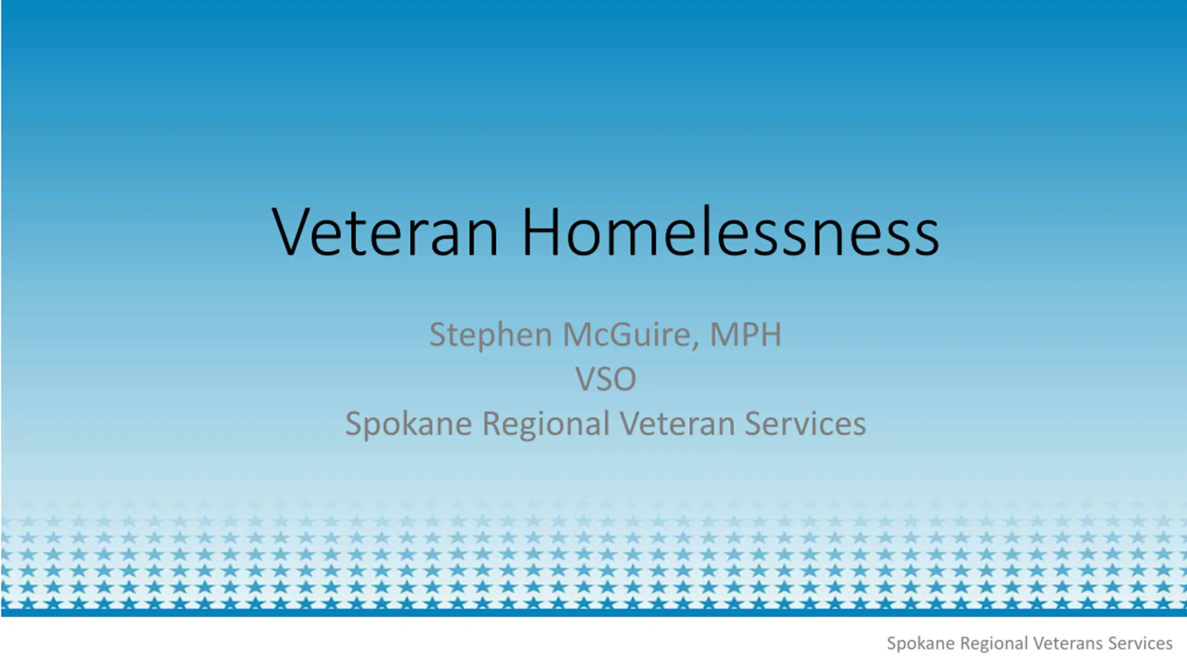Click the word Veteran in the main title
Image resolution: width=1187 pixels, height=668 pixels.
tap(385, 232)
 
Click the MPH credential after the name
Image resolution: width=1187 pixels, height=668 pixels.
tap(746, 334)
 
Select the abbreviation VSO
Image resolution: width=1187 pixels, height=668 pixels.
tap(606, 379)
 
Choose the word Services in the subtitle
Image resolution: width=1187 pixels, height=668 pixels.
tap(805, 424)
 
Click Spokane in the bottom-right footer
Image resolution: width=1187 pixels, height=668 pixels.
tap(920, 644)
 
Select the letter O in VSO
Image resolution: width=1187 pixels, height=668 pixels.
tap(624, 379)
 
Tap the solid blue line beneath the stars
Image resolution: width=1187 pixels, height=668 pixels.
tap(593, 613)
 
